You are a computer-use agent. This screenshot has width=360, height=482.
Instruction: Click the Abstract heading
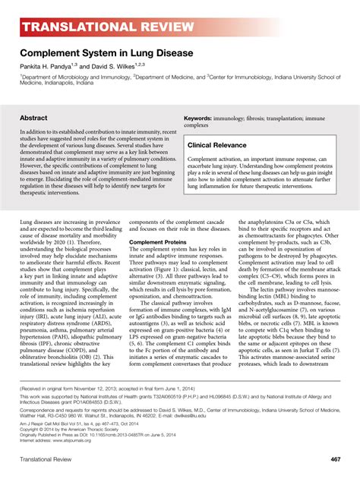pos(33,119)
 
